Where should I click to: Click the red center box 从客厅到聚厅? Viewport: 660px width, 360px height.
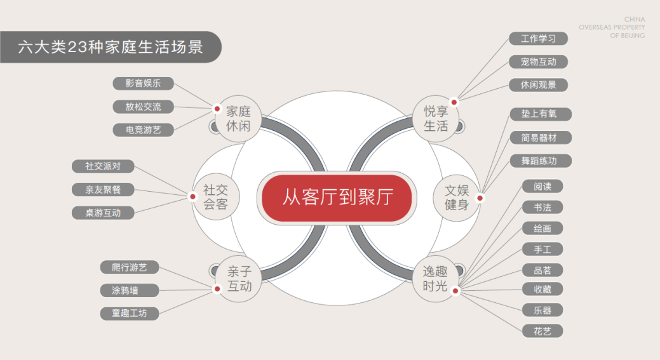click(x=337, y=197)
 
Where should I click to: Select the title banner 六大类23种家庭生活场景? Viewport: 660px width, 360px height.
click(x=111, y=47)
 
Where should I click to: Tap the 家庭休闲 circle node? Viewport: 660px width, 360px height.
click(x=238, y=118)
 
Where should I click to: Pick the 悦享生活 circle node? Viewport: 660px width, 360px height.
click(x=436, y=118)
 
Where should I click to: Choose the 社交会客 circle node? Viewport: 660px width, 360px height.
click(x=215, y=197)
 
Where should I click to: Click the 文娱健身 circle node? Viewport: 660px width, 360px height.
click(x=456, y=197)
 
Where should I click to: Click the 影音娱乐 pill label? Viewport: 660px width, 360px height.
click(x=143, y=83)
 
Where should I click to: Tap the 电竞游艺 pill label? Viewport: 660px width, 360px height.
click(x=143, y=130)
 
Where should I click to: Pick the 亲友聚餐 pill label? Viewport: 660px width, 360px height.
click(x=103, y=189)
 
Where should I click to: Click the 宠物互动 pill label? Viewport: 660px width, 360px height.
click(x=538, y=62)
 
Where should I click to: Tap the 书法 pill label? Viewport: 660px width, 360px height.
click(x=542, y=207)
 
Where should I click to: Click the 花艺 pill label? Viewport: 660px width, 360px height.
click(x=542, y=331)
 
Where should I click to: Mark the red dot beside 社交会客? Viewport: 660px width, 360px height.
click(x=192, y=197)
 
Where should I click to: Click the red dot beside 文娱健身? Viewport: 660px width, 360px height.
click(x=480, y=198)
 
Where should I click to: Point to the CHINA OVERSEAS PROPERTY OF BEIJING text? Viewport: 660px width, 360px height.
click(x=612, y=28)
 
